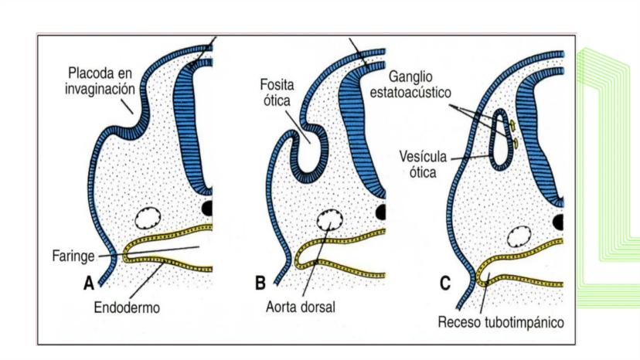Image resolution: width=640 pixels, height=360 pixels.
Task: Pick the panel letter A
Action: (x=89, y=284)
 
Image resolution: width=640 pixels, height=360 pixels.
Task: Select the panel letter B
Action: (x=260, y=284)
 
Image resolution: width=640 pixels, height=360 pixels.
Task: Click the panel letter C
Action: (x=444, y=284)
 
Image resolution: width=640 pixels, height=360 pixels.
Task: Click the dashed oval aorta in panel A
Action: (x=146, y=219)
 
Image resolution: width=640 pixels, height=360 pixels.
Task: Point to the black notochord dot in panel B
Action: (x=381, y=212)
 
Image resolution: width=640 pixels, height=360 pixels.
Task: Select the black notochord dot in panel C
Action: (x=558, y=222)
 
